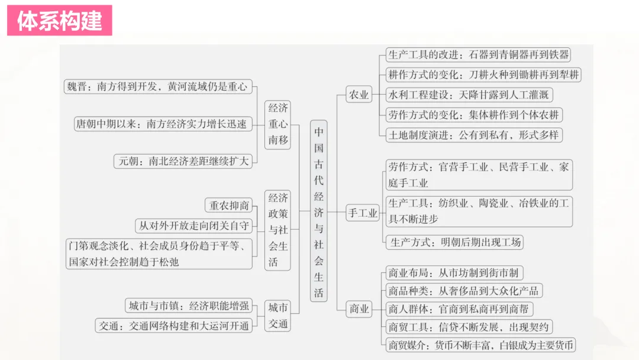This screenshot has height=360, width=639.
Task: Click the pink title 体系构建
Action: coord(60,21)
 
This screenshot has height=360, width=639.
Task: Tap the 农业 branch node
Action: coord(359,95)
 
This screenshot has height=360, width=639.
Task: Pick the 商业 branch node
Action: coord(359,308)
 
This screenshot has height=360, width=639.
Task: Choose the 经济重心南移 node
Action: coord(278,124)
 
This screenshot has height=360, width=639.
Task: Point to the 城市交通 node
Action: coord(278,316)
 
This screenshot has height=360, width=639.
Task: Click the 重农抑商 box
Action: coord(229,205)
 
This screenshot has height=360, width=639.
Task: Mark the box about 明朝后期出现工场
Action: coord(454,242)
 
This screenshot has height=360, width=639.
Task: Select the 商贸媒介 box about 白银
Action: coord(480,345)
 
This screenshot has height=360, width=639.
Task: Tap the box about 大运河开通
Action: coord(173,325)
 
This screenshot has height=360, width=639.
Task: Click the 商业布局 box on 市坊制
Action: coord(454,273)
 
